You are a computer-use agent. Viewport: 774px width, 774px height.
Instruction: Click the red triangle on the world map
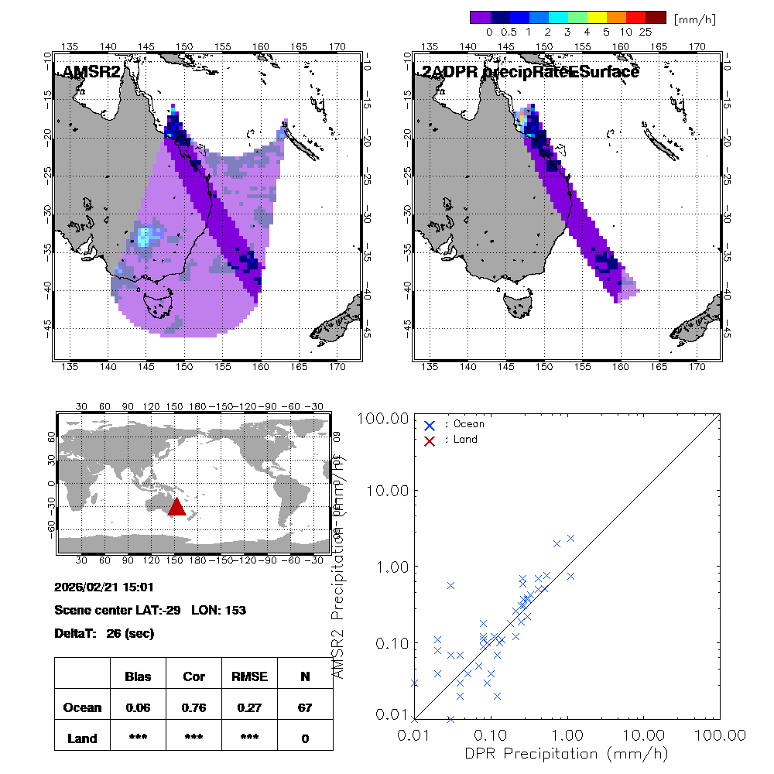point(176,507)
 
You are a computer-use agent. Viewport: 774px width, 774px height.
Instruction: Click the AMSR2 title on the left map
point(91,72)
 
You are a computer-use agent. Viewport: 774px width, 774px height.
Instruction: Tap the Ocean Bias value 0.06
point(138,707)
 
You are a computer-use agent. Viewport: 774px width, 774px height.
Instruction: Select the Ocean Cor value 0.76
point(193,707)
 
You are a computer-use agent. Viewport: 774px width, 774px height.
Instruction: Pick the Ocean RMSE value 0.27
point(249,707)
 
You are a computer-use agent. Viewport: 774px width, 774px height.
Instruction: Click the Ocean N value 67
point(305,707)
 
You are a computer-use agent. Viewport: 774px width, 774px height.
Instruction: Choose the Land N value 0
point(305,738)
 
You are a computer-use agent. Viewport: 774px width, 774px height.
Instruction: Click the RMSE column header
point(249,676)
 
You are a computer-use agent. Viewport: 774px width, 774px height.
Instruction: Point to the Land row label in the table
point(83,738)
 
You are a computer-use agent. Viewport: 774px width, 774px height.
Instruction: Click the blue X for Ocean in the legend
point(430,425)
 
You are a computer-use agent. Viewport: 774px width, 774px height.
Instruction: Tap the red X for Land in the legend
point(430,440)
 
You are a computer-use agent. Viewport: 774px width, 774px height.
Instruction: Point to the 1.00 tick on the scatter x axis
point(567,735)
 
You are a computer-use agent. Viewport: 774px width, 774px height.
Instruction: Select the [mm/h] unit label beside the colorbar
point(695,19)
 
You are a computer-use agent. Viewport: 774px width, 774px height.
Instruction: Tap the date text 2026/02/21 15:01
point(104,586)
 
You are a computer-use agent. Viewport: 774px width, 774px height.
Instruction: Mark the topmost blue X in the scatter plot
point(571,538)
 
